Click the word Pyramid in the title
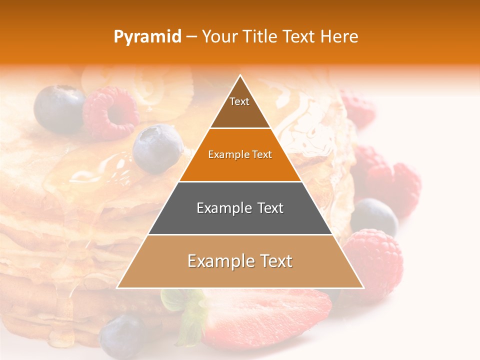(x=147, y=37)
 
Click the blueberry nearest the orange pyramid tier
(x=158, y=148)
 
